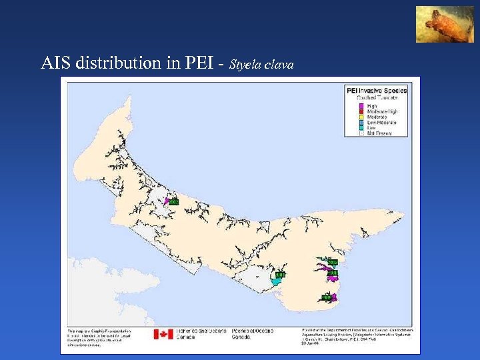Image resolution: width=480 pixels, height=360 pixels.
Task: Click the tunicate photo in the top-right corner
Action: pyautogui.click(x=441, y=25)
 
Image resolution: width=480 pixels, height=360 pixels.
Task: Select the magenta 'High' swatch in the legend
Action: pyautogui.click(x=361, y=106)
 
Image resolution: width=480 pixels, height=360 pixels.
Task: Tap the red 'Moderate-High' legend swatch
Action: pyautogui.click(x=361, y=111)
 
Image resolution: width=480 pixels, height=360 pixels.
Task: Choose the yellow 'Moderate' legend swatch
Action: pyautogui.click(x=361, y=117)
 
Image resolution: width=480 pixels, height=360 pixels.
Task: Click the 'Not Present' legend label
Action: pyautogui.click(x=379, y=133)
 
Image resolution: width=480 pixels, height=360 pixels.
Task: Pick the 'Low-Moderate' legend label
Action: pyautogui.click(x=381, y=122)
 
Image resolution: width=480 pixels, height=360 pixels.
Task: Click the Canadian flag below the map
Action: pyautogui.click(x=163, y=334)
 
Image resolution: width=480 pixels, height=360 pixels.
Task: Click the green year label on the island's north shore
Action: pyautogui.click(x=173, y=201)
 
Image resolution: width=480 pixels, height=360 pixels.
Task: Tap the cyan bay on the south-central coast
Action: pyautogui.click(x=275, y=282)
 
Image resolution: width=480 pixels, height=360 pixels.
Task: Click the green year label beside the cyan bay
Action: pyautogui.click(x=280, y=274)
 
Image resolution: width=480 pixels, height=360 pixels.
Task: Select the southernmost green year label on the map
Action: pyautogui.click(x=327, y=297)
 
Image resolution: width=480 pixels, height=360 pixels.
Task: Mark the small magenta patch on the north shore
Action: pyautogui.click(x=166, y=201)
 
